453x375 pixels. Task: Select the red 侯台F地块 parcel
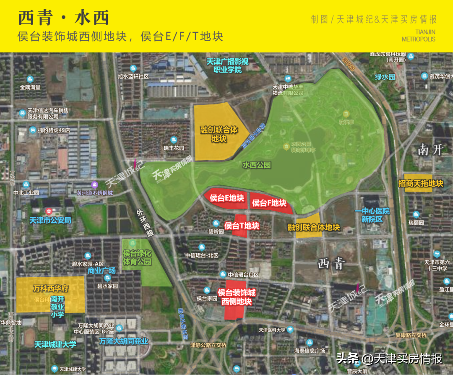pos(269,203)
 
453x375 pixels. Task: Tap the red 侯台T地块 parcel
pos(242,226)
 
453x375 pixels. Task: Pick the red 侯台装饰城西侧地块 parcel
pos(236,297)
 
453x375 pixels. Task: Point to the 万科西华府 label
pos(50,289)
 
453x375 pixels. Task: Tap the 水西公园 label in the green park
pos(256,165)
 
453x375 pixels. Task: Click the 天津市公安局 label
pos(50,220)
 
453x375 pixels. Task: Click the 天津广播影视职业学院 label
pos(227,66)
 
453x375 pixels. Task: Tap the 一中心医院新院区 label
pos(372,215)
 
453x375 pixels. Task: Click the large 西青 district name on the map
pos(331,264)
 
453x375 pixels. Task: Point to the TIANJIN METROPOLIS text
pos(419,36)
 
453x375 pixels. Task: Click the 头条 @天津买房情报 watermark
pos(389,359)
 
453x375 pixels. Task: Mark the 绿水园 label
pos(385,77)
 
